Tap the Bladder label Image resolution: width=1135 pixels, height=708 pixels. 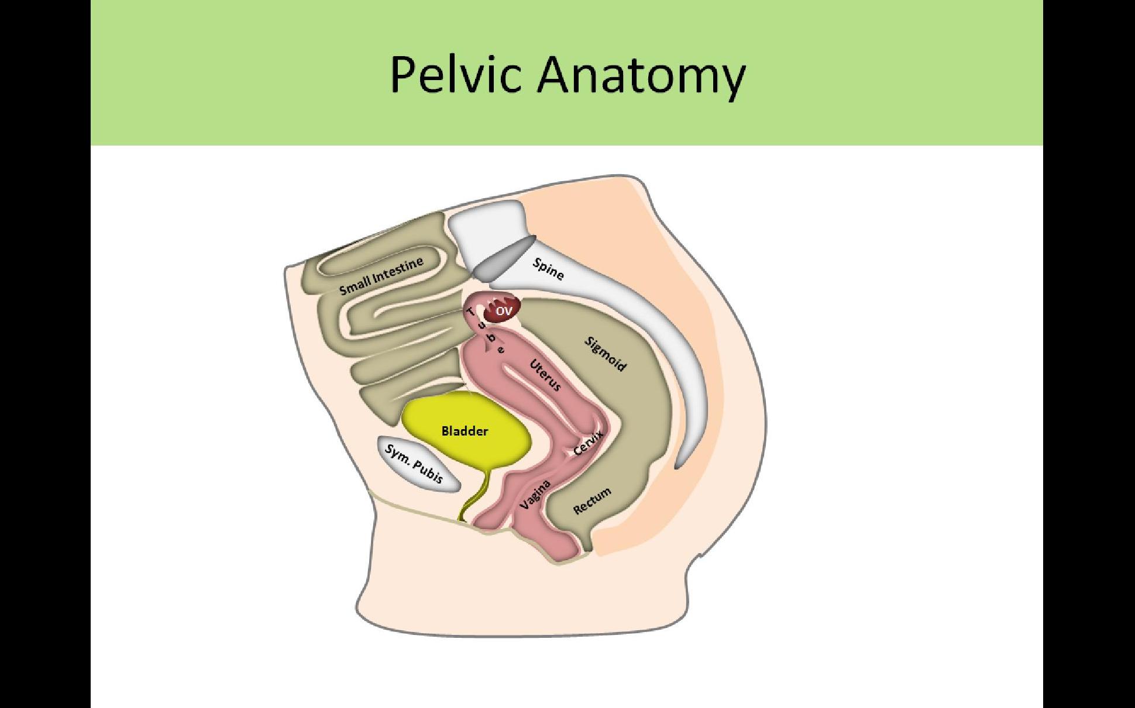tap(465, 431)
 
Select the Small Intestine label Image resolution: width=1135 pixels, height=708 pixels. tap(381, 277)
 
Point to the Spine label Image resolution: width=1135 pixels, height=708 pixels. tap(548, 269)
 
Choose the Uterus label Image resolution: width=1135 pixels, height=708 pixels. tap(545, 375)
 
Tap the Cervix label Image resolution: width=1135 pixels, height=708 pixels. tap(588, 443)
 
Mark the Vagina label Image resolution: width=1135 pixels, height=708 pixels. tap(535, 494)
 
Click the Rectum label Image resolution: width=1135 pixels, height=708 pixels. tap(592, 501)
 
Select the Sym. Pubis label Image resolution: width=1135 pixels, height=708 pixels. tap(414, 464)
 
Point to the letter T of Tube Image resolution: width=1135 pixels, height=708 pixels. tap(472, 312)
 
